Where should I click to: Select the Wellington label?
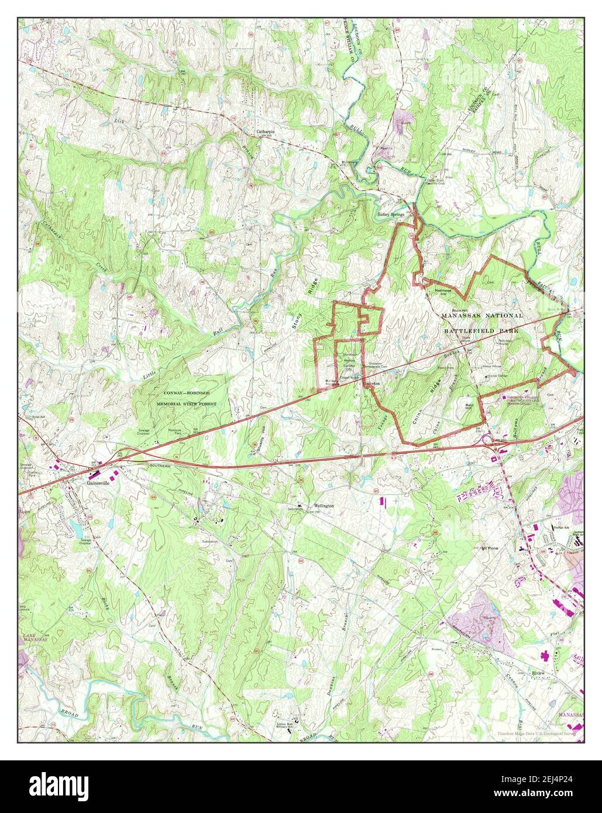pyautogui.click(x=324, y=505)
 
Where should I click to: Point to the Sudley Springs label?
pyautogui.click(x=391, y=214)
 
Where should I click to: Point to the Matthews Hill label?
pyautogui.click(x=442, y=290)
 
